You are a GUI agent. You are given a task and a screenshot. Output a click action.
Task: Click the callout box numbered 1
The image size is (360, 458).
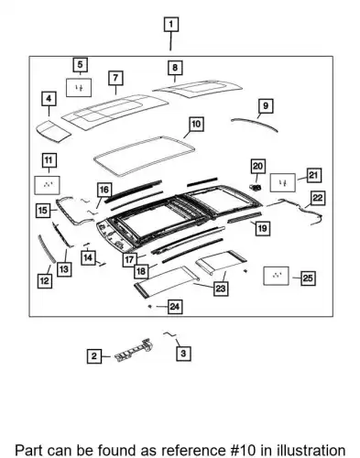point(171,25)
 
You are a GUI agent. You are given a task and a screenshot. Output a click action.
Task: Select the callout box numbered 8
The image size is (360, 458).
point(175,68)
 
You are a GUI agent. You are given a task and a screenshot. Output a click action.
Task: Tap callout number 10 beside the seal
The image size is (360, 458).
point(196,125)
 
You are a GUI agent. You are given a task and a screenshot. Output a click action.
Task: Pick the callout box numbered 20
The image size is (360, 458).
point(258,167)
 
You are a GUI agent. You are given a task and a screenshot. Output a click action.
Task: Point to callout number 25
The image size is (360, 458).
point(308,278)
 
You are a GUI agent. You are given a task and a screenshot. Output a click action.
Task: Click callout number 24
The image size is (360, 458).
point(175,306)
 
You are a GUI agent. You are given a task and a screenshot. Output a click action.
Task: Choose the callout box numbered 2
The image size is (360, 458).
point(94,356)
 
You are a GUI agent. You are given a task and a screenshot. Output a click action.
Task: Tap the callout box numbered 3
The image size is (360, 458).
point(183,354)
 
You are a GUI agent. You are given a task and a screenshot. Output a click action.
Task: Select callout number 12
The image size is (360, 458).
point(45,280)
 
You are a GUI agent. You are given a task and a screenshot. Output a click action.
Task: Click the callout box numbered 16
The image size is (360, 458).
point(104,190)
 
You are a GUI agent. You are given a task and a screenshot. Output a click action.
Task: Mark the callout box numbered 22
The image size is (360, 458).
point(318,198)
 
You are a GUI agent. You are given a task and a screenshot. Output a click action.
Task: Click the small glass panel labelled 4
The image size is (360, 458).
point(53,132)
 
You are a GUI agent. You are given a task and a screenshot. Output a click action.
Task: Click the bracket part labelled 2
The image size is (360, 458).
point(135,350)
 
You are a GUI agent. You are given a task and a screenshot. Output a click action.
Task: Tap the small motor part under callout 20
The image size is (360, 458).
point(256,188)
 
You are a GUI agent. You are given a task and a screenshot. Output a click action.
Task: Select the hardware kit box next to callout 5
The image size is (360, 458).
point(79,88)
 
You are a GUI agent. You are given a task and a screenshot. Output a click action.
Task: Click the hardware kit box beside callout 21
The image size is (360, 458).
point(283,183)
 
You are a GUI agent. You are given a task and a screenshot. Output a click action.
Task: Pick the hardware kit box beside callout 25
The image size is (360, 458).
point(276,276)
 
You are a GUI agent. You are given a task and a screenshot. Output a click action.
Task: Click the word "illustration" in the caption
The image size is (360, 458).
point(311,450)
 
